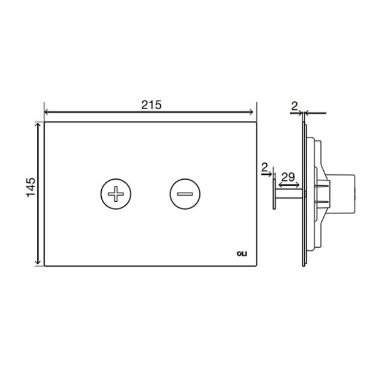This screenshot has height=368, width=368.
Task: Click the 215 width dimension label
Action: point(151,105)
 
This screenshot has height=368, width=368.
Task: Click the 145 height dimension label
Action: point(31,187)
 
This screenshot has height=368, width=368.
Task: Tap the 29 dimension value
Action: point(288,177)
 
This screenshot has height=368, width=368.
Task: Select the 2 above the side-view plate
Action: point(294,107)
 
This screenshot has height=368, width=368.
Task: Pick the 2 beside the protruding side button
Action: point(264,167)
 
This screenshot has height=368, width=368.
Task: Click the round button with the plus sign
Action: point(116,194)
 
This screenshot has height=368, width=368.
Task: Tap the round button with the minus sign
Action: point(185,194)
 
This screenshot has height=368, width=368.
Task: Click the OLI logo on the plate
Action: point(242,254)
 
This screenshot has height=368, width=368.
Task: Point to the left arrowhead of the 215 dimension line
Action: point(47,112)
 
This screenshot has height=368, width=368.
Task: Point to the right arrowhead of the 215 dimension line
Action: point(251,112)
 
